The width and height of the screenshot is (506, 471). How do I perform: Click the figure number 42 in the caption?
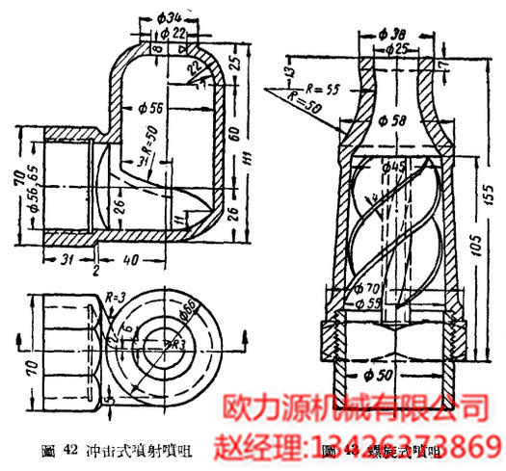click(69, 449)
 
